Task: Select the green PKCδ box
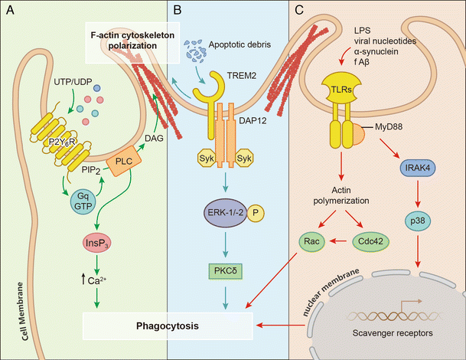coord(223,270)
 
